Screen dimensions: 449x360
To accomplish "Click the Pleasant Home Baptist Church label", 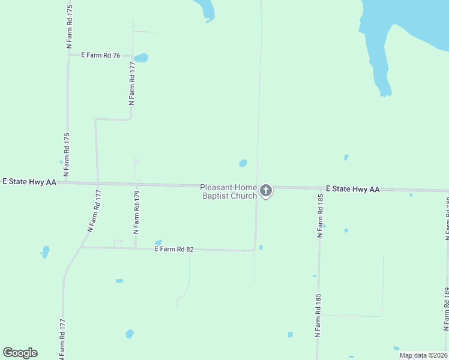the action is tap(228, 191).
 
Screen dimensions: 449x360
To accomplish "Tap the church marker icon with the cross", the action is tap(266, 191).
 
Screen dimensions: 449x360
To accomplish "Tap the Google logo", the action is tap(20, 353).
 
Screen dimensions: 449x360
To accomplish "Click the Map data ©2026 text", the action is tap(423, 355).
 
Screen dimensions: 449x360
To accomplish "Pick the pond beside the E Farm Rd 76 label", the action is tap(141, 58).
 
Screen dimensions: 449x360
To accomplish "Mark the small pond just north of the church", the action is tap(243, 163).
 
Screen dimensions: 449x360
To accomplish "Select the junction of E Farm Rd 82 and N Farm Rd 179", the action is tap(136, 247).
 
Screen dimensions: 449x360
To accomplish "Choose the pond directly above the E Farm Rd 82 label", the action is tap(158, 242).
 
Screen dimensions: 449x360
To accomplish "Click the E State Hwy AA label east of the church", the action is tap(352, 189).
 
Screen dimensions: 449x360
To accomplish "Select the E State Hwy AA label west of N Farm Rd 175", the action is tap(29, 181).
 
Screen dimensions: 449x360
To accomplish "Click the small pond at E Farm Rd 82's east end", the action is tap(261, 247).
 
